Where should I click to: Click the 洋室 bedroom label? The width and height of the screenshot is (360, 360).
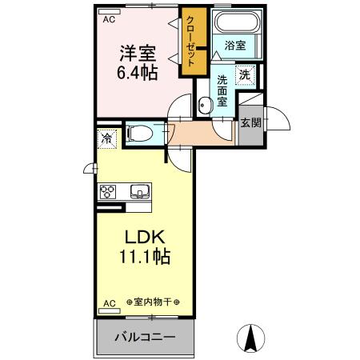click(x=138, y=52)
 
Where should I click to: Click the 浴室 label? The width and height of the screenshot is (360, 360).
click(x=235, y=46)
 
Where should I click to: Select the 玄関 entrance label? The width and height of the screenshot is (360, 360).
click(x=250, y=123)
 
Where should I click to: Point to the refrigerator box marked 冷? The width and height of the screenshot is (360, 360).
click(x=106, y=139)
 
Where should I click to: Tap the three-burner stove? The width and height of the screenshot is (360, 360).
click(x=109, y=192)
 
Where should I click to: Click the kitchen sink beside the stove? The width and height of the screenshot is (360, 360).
click(x=138, y=192)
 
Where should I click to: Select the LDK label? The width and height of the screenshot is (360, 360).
click(x=144, y=238)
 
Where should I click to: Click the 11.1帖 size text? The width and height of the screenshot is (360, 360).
click(x=144, y=258)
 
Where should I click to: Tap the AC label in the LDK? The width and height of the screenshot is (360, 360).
click(x=109, y=303)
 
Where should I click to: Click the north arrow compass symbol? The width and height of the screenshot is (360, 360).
click(x=251, y=338)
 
